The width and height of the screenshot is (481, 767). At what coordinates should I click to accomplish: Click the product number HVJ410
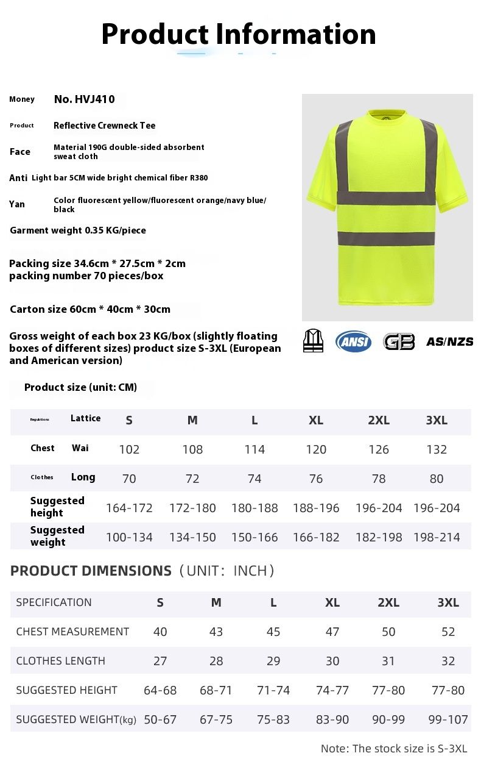(84, 99)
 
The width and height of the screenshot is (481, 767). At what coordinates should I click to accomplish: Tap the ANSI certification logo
(353, 341)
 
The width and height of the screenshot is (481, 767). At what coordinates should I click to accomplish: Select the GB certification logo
(399, 341)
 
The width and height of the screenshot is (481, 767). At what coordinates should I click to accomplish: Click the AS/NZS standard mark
(449, 341)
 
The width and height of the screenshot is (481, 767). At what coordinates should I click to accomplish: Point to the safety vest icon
(314, 341)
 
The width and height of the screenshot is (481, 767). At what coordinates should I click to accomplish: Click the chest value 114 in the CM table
(255, 449)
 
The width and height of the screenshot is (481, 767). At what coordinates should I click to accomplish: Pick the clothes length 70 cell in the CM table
(129, 479)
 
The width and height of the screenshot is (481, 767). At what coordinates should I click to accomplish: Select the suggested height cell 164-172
(129, 508)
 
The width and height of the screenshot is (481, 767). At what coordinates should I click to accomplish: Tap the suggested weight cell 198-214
(437, 537)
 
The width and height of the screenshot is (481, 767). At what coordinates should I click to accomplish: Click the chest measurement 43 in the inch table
(216, 632)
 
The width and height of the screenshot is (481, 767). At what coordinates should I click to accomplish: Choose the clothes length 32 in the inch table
(448, 661)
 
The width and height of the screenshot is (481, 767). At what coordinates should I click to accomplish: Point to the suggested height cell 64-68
(160, 690)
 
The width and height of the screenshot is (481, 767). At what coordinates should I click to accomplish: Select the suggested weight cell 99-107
(448, 719)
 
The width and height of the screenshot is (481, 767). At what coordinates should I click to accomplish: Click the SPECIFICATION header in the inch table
(54, 602)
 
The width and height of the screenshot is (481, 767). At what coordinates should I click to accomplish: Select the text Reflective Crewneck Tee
(105, 126)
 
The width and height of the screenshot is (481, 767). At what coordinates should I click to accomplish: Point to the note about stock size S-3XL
(394, 749)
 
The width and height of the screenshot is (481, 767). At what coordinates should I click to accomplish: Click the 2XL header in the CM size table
(379, 420)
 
